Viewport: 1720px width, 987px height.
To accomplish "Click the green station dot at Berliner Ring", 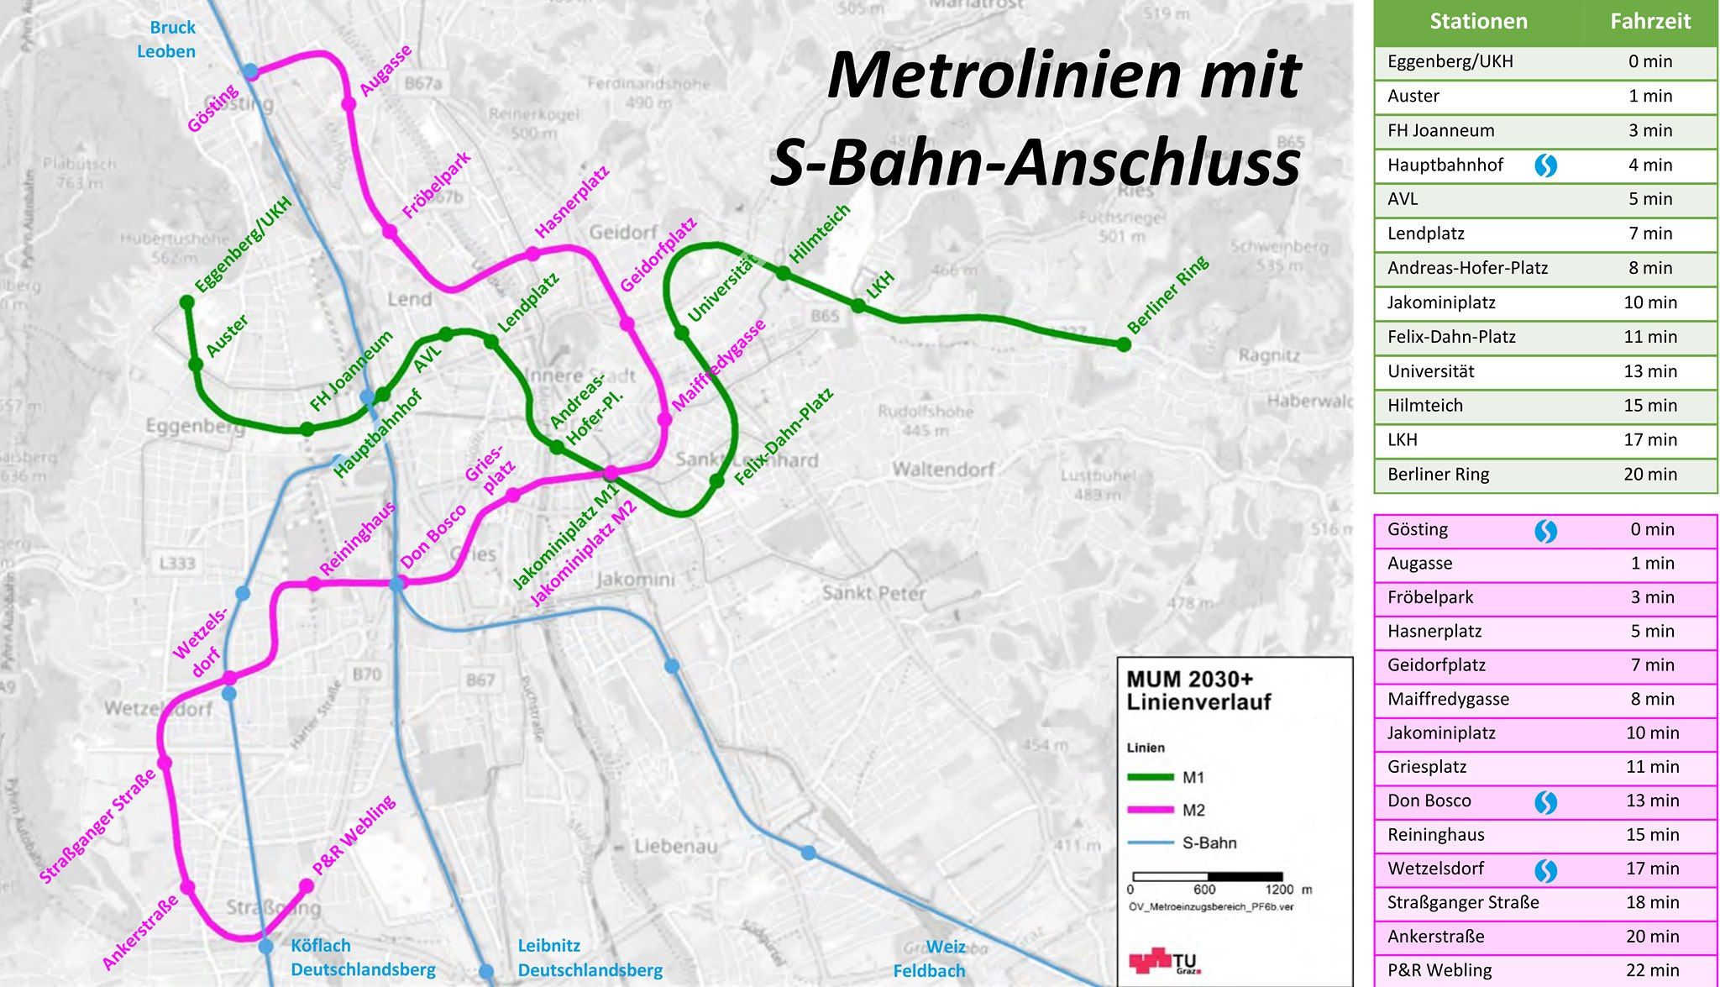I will pyautogui.click(x=1124, y=344).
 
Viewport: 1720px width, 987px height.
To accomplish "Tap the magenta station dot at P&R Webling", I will pyautogui.click(x=307, y=885).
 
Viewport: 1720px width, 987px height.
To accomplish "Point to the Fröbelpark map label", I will pyautogui.click(x=436, y=186).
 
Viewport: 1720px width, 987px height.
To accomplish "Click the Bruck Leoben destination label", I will pyautogui.click(x=167, y=39).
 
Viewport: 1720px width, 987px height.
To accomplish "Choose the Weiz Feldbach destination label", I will pyautogui.click(x=929, y=958).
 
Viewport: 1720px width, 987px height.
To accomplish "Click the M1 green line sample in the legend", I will pyautogui.click(x=1150, y=778).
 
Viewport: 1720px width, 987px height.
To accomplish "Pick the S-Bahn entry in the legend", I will pyautogui.click(x=1209, y=843).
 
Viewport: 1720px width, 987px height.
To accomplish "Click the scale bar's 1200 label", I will pyautogui.click(x=1279, y=890).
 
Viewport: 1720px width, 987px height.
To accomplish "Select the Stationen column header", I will pyautogui.click(x=1478, y=22).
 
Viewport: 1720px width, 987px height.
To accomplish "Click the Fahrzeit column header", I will pyautogui.click(x=1649, y=22).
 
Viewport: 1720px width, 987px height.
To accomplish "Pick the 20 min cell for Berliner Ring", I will pyautogui.click(x=1649, y=475).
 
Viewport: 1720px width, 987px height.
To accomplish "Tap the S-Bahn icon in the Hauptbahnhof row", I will pyautogui.click(x=1545, y=165).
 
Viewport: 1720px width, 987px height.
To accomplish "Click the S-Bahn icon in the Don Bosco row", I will pyautogui.click(x=1545, y=802).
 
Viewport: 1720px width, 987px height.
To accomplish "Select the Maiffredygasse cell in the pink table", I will pyautogui.click(x=1448, y=699).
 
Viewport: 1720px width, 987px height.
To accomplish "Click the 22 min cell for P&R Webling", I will pyautogui.click(x=1652, y=970).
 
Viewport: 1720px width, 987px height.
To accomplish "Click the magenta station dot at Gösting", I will pyautogui.click(x=250, y=72).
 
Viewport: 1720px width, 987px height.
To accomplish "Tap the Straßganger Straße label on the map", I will pyautogui.click(x=98, y=826).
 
